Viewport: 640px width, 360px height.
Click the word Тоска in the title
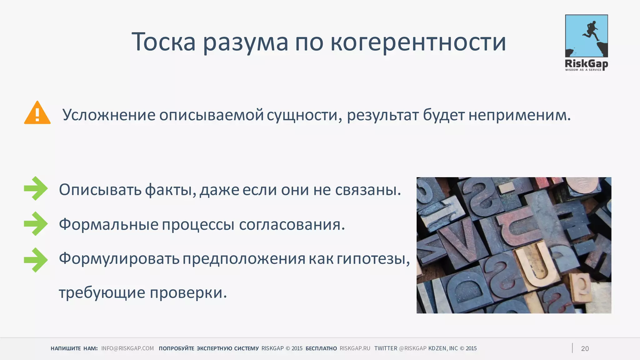point(163,42)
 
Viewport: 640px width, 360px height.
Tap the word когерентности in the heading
point(418,42)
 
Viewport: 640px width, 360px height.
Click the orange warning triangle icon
point(37,113)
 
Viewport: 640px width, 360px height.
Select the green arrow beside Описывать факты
point(36,188)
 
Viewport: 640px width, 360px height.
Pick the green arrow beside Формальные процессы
point(36,224)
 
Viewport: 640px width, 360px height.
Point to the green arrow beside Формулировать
point(36,260)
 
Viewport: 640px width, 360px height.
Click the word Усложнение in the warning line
point(109,115)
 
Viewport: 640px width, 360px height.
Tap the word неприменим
point(519,115)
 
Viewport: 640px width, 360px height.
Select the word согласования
point(292,224)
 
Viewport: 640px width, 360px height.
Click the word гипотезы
point(373,259)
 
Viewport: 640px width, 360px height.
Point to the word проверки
point(188,293)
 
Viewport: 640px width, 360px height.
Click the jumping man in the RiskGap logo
point(590,31)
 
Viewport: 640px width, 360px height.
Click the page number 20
point(585,349)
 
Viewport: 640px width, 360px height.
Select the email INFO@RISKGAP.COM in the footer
point(127,348)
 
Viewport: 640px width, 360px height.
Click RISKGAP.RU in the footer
point(355,348)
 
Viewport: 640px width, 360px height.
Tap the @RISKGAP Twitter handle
point(412,348)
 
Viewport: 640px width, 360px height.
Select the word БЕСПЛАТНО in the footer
point(321,348)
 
